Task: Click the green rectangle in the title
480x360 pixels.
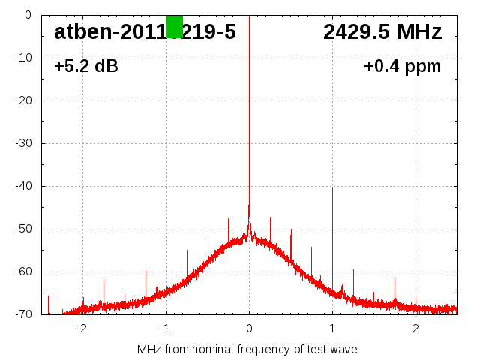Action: click(174, 26)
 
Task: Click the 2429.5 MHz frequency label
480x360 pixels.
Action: click(382, 32)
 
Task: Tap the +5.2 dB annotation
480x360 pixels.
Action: click(86, 66)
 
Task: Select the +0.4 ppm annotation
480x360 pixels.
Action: click(402, 66)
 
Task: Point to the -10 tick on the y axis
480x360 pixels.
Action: click(22, 58)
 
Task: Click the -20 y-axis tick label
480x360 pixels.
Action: click(22, 100)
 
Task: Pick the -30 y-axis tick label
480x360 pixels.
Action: click(22, 143)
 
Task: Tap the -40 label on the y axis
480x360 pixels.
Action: click(22, 186)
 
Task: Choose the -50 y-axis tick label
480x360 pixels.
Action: click(22, 229)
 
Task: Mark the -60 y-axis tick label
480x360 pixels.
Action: click(22, 271)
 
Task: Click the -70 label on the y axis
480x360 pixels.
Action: click(22, 314)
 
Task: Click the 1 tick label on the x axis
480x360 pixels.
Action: click(332, 328)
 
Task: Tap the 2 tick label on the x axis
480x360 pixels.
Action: click(415, 328)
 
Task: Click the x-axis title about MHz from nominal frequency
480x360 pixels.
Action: click(247, 349)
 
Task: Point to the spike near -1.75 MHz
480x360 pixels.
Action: click(103, 289)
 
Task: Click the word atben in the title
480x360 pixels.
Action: click(79, 32)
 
